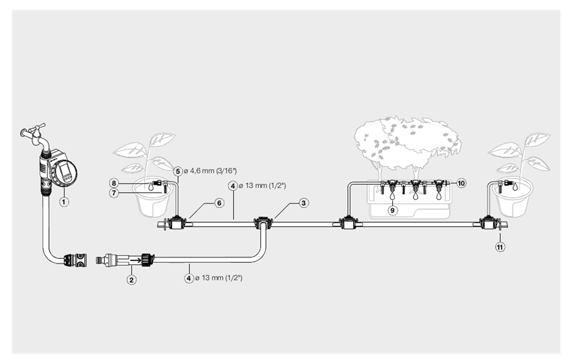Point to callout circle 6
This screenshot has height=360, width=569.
(x=220, y=202)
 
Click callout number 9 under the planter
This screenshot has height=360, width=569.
(x=393, y=211)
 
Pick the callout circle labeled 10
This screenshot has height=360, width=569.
(x=461, y=183)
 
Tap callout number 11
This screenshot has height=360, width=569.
(x=500, y=247)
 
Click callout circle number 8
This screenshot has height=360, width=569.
(x=116, y=183)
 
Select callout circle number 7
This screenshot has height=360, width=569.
(x=116, y=194)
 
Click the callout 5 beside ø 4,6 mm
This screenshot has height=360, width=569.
(x=177, y=171)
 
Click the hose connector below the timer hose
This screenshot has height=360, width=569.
(x=75, y=259)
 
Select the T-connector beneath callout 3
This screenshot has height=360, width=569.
(x=262, y=222)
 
